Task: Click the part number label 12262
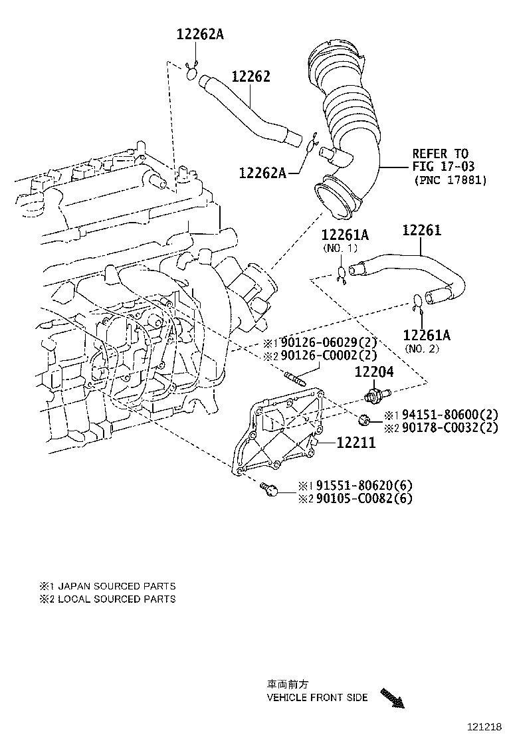(251, 77)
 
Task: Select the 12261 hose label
(421, 231)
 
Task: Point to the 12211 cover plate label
(356, 442)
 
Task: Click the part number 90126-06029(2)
(328, 343)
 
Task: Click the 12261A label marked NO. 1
(345, 235)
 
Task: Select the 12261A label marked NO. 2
(427, 335)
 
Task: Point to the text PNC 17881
(450, 180)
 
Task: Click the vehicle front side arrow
(393, 698)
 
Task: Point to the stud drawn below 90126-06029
(294, 381)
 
